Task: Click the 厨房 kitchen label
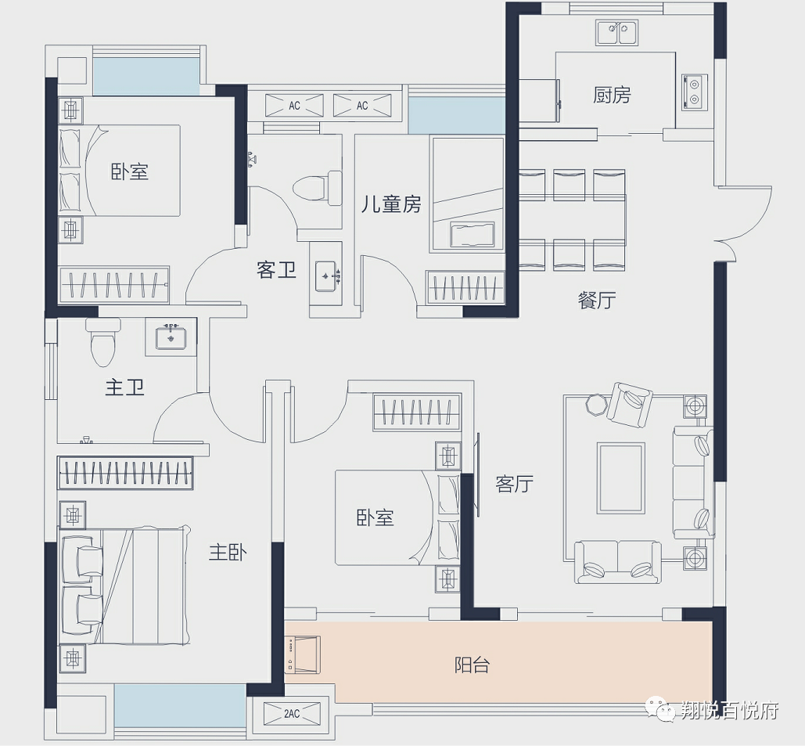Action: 612,95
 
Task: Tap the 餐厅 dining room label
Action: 597,300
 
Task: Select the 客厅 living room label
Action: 514,484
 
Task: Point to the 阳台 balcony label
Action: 472,665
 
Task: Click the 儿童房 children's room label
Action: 390,204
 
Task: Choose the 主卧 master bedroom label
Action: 228,552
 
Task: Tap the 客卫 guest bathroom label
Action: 276,270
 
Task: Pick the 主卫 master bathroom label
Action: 124,387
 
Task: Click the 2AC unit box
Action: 292,714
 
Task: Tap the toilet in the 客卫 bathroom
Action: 318,188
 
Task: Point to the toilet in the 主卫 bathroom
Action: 102,341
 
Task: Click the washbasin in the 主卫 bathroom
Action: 171,337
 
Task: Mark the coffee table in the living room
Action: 620,478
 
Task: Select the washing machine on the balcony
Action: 303,654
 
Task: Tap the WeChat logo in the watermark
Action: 661,708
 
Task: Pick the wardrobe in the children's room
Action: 465,287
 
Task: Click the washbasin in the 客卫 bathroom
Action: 326,276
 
